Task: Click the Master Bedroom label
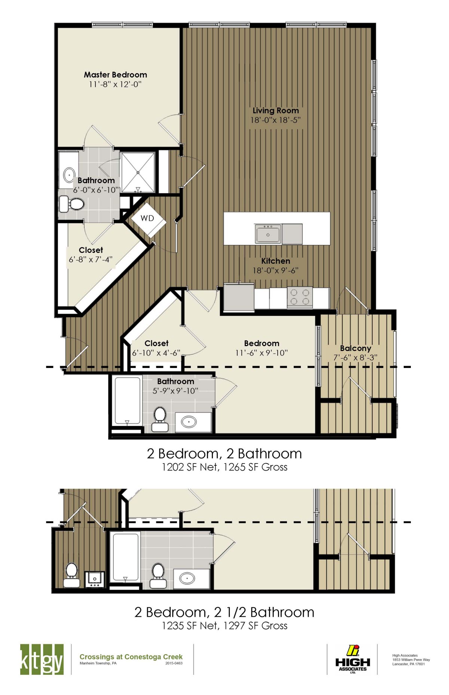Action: pyautogui.click(x=115, y=75)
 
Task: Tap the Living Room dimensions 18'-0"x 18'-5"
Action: pyautogui.click(x=276, y=120)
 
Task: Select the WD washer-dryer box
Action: pyautogui.click(x=147, y=218)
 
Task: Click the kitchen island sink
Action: pyautogui.click(x=268, y=234)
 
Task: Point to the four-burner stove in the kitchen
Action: pyautogui.click(x=300, y=297)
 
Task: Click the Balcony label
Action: pyautogui.click(x=355, y=348)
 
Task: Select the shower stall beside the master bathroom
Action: pyautogui.click(x=138, y=172)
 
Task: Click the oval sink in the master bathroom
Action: pyautogui.click(x=69, y=175)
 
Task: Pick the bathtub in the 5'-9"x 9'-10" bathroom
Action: pyautogui.click(x=127, y=401)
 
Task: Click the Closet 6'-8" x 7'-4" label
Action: pyautogui.click(x=91, y=250)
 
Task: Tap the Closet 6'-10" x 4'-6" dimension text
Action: pyautogui.click(x=156, y=353)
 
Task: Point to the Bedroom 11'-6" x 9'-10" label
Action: pyautogui.click(x=262, y=343)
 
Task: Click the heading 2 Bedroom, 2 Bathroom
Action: pyautogui.click(x=224, y=454)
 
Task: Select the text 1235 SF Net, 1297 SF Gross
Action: pyautogui.click(x=224, y=625)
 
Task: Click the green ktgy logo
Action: pyautogui.click(x=42, y=659)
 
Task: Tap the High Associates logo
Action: pyautogui.click(x=352, y=659)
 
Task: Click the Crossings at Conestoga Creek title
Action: pyautogui.click(x=131, y=657)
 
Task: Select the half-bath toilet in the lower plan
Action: pyautogui.click(x=71, y=574)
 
